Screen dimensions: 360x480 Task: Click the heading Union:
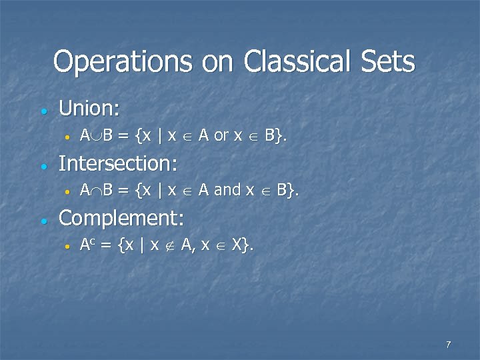click(87, 107)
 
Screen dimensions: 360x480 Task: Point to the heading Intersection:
click(118, 163)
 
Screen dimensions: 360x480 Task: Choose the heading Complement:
click(121, 218)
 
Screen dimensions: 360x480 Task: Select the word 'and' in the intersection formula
click(227, 191)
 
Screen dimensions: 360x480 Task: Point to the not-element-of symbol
click(170, 246)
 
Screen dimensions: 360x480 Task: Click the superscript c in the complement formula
click(94, 243)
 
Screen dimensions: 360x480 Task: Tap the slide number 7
click(448, 345)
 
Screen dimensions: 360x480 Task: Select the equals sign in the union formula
click(123, 136)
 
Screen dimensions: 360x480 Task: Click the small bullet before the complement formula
click(67, 247)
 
